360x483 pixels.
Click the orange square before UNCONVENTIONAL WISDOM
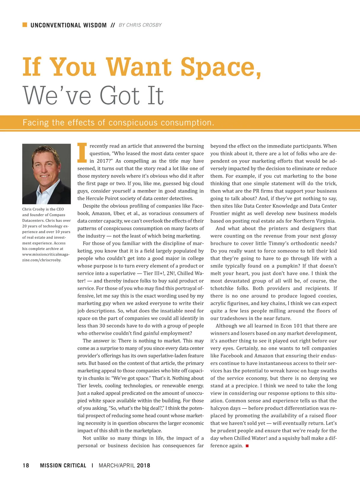[x=25, y=25]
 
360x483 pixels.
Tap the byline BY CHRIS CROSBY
[x=140, y=25]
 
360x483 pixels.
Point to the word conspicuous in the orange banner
[x=133, y=123]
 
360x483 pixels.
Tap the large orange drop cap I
[x=82, y=152]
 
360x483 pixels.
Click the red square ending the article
[x=247, y=446]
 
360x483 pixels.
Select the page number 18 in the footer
[x=26, y=465]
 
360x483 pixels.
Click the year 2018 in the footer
[x=143, y=465]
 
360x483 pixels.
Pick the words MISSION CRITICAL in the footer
[x=63, y=465]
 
